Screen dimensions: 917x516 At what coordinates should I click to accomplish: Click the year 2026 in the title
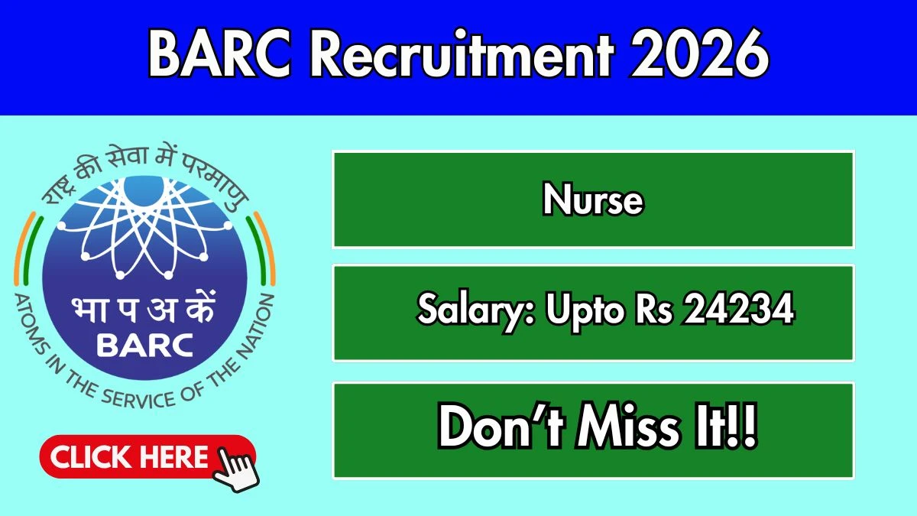[x=700, y=54]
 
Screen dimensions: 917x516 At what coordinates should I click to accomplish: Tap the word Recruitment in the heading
[x=462, y=54]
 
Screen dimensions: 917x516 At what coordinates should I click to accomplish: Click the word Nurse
[x=593, y=200]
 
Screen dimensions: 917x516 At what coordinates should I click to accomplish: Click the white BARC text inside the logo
[x=145, y=346]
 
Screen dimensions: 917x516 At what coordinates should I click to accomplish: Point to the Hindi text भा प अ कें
[x=143, y=309]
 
